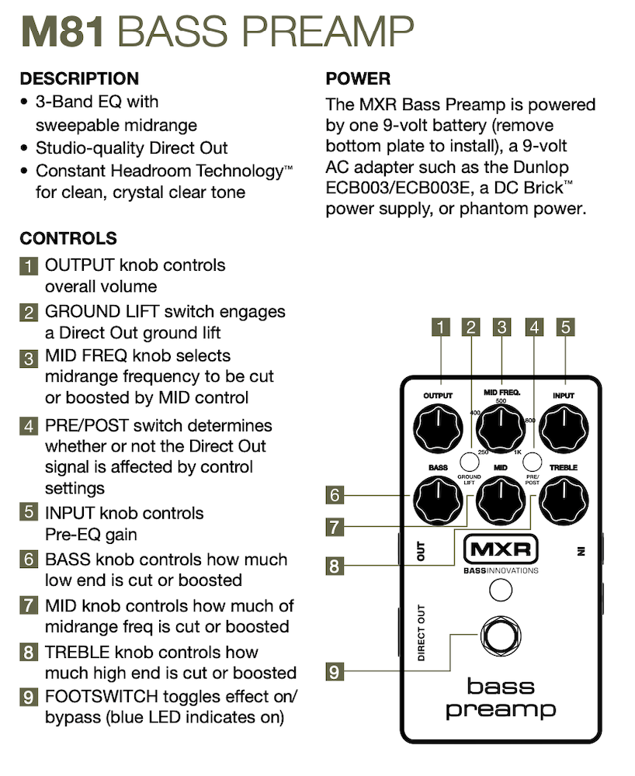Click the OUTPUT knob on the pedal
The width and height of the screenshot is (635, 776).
(x=438, y=428)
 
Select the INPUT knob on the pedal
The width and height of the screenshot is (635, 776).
(x=564, y=428)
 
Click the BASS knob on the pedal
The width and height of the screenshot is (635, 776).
(x=438, y=501)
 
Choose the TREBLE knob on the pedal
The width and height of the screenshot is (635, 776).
(x=564, y=501)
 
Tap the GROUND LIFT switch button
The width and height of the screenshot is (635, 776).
(x=469, y=459)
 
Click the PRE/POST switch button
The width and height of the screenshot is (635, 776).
(x=533, y=459)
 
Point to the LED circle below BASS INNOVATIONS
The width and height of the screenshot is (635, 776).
(x=501, y=591)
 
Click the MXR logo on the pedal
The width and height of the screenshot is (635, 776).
(x=501, y=550)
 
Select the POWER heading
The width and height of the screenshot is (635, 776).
(x=358, y=78)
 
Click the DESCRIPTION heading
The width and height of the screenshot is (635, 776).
(x=79, y=78)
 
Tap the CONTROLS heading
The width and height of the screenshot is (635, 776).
(x=68, y=238)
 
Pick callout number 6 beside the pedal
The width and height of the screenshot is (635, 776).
(x=335, y=494)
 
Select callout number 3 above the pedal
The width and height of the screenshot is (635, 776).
(x=501, y=327)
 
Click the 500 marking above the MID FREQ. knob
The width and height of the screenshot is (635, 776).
(x=501, y=401)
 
